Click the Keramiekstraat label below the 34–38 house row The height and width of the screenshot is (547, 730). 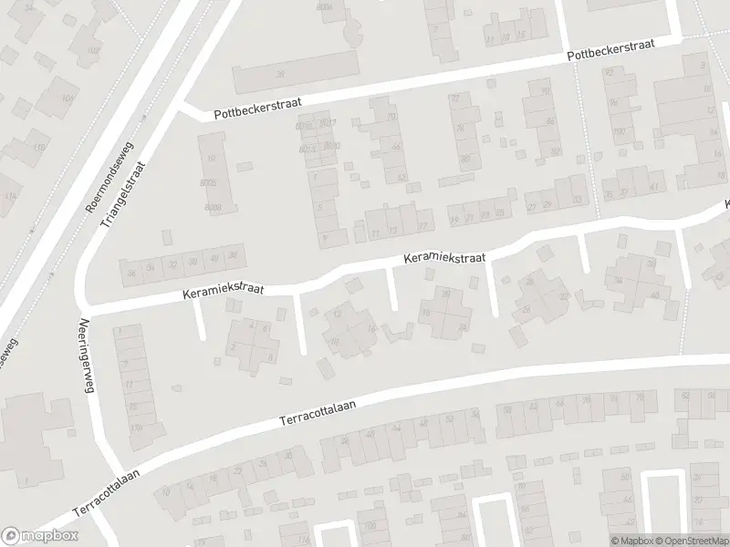223,290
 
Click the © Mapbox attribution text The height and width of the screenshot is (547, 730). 632,541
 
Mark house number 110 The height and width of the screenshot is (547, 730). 38,147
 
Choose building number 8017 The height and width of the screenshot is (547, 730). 328,123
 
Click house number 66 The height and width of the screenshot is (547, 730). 395,146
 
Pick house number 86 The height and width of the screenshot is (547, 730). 549,121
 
